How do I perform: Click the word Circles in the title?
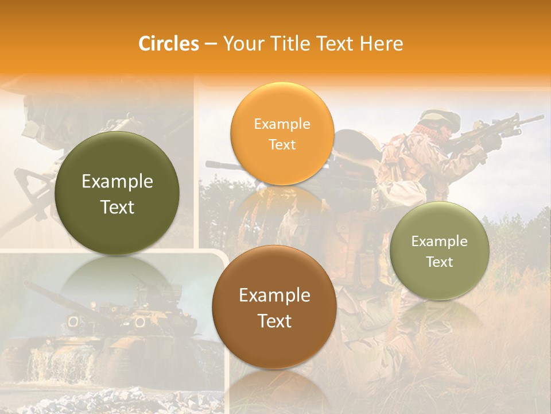pos(168,44)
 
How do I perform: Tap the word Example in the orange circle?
pos(282,124)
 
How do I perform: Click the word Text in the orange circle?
pos(282,144)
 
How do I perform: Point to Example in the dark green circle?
pos(117,182)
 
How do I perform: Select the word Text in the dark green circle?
pos(117,207)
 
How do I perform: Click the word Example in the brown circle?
pos(274,296)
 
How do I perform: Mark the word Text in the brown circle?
pos(274,321)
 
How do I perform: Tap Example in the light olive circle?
pos(440,241)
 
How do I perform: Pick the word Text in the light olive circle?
pos(440,262)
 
